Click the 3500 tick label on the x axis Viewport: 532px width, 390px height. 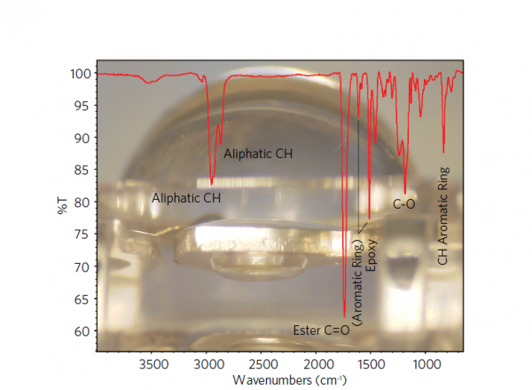[x=153, y=364]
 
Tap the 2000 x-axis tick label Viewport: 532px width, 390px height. [x=317, y=364]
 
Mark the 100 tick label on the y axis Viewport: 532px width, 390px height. [x=80, y=73]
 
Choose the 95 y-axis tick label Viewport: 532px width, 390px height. [x=82, y=106]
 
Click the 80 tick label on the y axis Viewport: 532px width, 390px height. [x=82, y=203]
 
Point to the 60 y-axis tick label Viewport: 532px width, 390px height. [x=82, y=331]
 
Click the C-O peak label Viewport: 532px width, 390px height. [x=404, y=204]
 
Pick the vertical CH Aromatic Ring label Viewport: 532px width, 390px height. [x=444, y=216]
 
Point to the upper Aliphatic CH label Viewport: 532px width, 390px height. [x=257, y=154]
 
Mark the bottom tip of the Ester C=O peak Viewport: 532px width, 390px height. [x=344, y=316]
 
